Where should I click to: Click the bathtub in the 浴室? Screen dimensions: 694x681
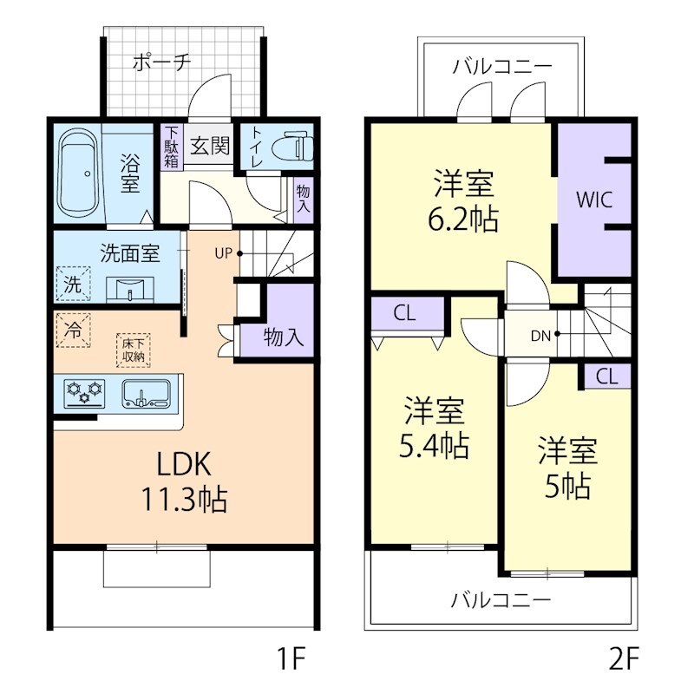click(80, 174)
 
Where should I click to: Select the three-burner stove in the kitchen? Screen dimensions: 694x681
click(84, 393)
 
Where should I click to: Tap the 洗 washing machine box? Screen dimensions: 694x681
click(73, 284)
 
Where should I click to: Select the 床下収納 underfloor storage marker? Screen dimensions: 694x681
click(133, 348)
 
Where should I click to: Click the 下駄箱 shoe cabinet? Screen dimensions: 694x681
click(171, 147)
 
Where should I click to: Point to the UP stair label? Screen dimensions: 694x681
click(223, 253)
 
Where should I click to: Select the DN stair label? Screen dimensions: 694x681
click(540, 333)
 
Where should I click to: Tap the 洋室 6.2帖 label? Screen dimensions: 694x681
click(465, 201)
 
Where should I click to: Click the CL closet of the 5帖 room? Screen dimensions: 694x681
click(606, 376)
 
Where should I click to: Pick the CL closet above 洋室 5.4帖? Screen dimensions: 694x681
click(404, 314)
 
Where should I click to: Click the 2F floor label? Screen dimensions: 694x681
click(622, 660)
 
